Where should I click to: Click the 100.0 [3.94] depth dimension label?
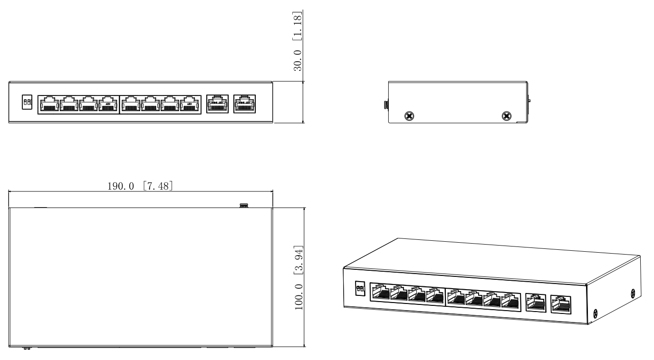[x=299, y=277]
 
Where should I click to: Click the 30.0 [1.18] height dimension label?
[x=298, y=40]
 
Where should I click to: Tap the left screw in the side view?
[x=408, y=115]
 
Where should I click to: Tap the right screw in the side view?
[x=507, y=115]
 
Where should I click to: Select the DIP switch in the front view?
[x=27, y=103]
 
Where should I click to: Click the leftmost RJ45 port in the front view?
[x=48, y=104]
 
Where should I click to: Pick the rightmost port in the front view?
[x=245, y=104]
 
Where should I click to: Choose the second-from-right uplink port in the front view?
[x=218, y=104]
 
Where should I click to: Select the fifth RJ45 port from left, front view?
[x=131, y=104]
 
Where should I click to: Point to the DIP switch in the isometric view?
[x=359, y=288]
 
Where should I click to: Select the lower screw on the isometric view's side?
[x=596, y=313]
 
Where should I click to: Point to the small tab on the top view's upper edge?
[x=244, y=206]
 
